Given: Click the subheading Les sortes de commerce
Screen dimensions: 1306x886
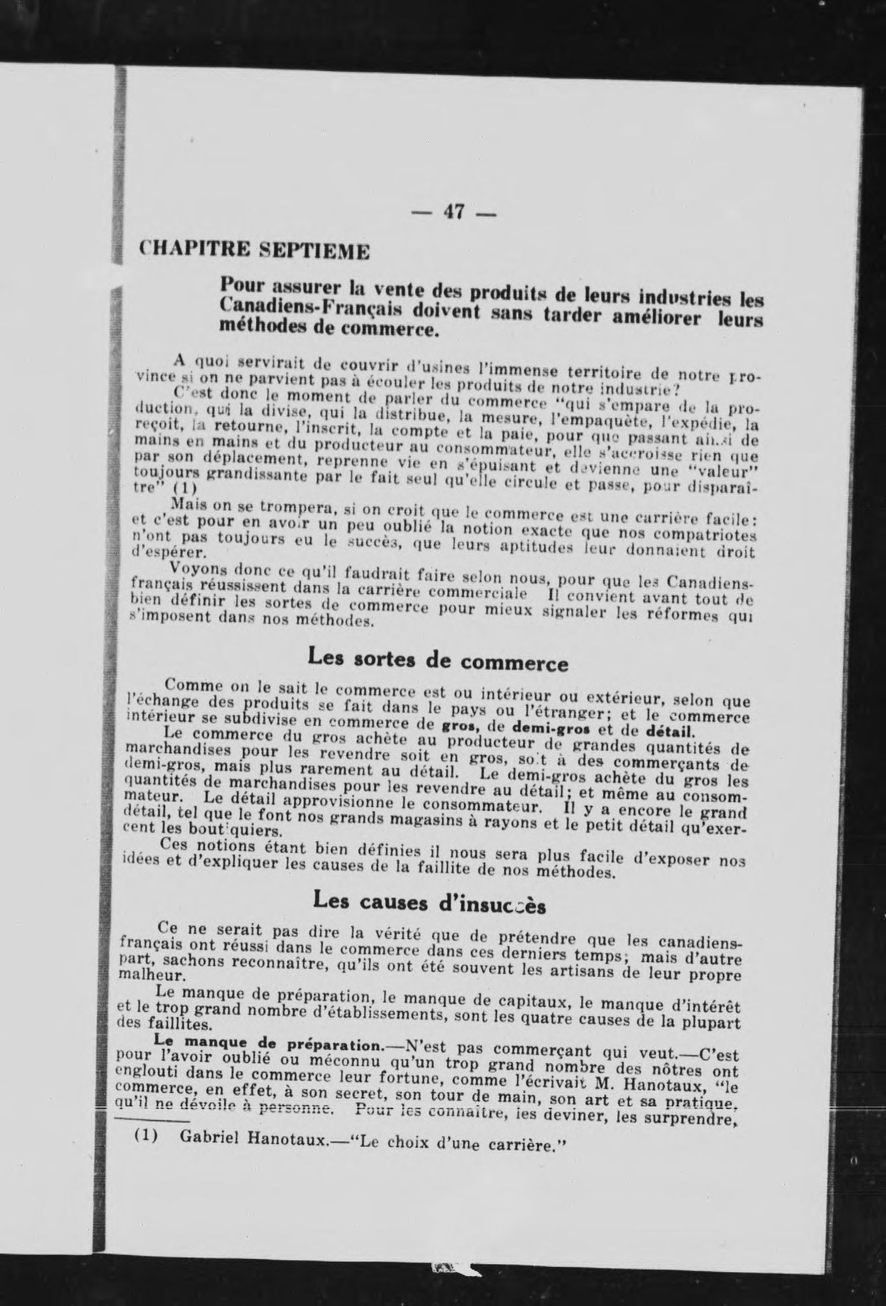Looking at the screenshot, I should [438, 660].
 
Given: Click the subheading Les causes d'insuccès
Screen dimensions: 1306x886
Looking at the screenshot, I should [429, 902].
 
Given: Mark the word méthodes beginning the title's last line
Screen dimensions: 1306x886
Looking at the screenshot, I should [257, 326].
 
